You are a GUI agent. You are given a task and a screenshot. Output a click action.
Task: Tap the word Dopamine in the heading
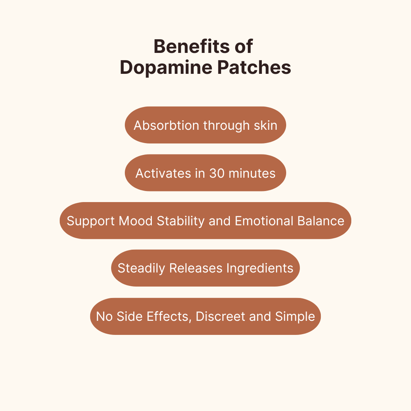166,68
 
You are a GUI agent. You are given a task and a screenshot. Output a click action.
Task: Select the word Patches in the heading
254,67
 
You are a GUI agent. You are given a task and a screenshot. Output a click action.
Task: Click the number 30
217,173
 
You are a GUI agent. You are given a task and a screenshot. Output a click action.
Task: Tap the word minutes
252,173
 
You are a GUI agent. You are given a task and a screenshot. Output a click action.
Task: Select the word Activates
163,173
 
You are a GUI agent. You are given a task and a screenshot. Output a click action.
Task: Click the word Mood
135,221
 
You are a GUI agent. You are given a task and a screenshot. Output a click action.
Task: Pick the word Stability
181,221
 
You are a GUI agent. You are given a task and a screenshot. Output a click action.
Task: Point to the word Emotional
264,221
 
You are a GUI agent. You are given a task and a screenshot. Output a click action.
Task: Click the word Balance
321,221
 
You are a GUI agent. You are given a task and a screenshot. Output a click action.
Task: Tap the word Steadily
141,269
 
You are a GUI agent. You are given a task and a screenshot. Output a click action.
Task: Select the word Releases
196,268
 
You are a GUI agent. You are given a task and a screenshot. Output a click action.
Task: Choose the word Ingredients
260,269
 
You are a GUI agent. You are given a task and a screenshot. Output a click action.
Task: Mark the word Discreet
220,316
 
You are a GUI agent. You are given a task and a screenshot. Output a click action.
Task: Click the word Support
91,221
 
